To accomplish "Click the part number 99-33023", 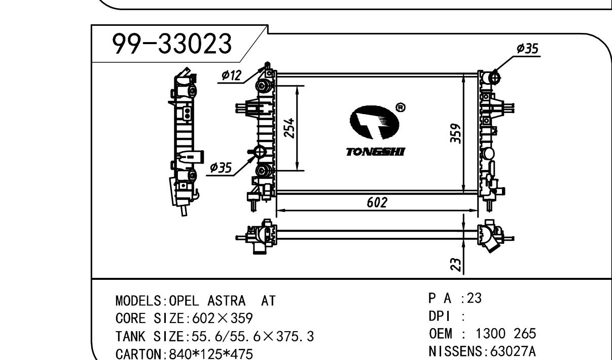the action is [x=172, y=44].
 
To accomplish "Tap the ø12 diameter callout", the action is [x=232, y=75].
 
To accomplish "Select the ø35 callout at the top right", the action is [x=527, y=49].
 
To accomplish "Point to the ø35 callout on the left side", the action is [x=221, y=167].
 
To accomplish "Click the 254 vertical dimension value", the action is [x=289, y=128].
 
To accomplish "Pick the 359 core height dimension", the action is [x=455, y=133].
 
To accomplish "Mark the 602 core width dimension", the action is [x=377, y=202].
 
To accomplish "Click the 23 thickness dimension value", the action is [x=455, y=264].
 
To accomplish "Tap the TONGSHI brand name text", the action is [x=375, y=152].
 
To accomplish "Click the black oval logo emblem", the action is [x=374, y=122].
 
